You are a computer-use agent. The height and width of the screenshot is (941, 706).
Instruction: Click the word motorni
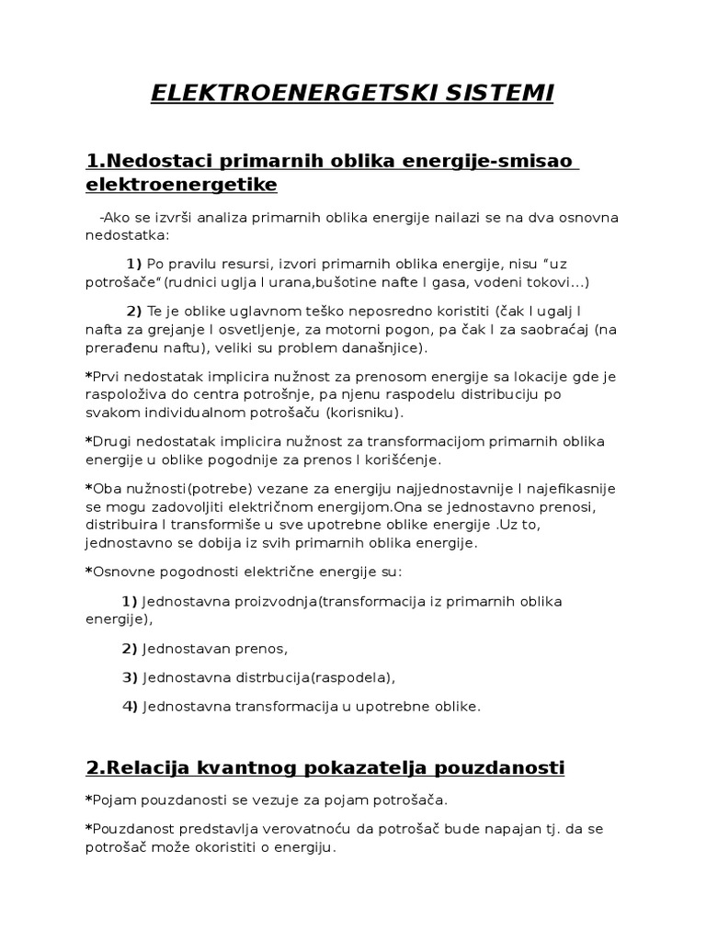click(x=385, y=329)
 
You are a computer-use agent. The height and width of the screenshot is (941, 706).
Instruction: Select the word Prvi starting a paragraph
click(x=104, y=375)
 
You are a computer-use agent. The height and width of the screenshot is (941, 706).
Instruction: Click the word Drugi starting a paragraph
click(x=109, y=438)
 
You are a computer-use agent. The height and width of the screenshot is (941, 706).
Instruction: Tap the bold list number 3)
click(x=130, y=677)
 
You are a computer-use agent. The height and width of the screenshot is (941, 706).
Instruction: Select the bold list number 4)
click(x=130, y=706)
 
